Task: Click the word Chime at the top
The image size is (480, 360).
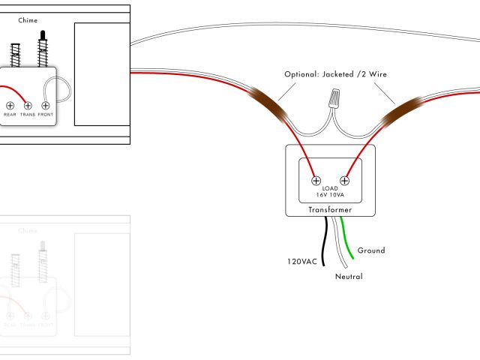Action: [28, 20]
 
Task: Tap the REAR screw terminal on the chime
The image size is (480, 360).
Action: [10, 105]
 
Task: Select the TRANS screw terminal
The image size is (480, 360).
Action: [28, 105]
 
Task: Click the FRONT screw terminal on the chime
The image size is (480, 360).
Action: [46, 105]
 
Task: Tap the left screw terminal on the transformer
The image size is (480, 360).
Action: [316, 180]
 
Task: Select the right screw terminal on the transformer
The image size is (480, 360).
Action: [345, 180]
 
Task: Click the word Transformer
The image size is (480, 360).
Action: [330, 210]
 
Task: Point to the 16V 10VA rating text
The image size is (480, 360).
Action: [330, 194]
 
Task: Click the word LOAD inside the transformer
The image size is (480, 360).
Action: [330, 187]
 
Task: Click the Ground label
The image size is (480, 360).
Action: [371, 250]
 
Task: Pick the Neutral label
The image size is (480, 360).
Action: [349, 277]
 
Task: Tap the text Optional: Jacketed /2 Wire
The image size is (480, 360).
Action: [336, 74]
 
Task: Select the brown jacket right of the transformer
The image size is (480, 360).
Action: [394, 109]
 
